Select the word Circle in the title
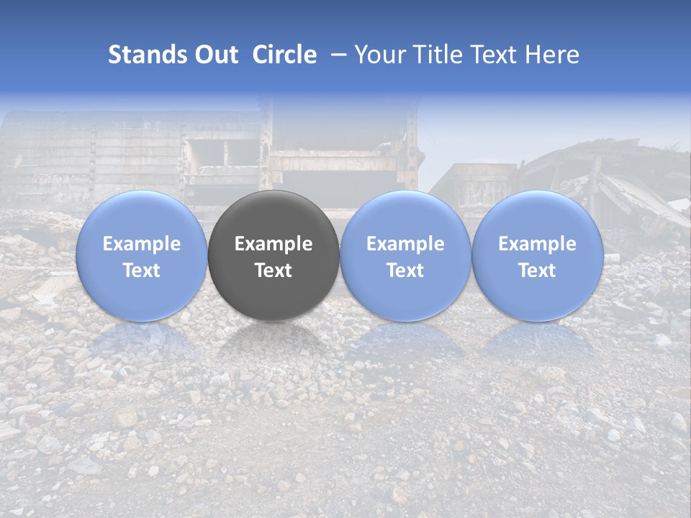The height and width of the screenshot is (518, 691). (284, 55)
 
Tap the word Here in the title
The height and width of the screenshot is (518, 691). (552, 55)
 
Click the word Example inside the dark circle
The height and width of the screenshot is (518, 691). (274, 244)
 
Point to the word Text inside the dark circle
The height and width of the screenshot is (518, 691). (274, 271)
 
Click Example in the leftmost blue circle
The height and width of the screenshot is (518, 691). (141, 244)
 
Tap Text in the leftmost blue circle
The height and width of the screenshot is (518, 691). (141, 271)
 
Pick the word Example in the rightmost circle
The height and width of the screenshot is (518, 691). (537, 244)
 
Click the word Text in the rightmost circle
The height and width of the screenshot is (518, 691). (537, 271)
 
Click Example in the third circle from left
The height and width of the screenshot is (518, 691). (405, 244)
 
